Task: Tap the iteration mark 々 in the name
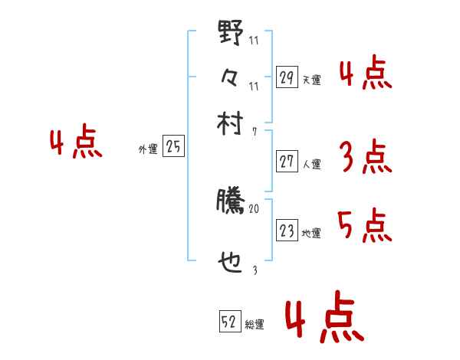230,77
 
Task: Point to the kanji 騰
230,201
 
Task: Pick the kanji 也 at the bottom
230,263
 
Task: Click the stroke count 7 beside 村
254,132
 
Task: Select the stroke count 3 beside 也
254,270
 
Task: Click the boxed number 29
286,77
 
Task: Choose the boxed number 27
286,162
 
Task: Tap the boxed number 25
173,148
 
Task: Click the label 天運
311,80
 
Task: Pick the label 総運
255,325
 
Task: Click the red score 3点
365,159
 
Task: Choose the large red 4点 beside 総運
322,320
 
